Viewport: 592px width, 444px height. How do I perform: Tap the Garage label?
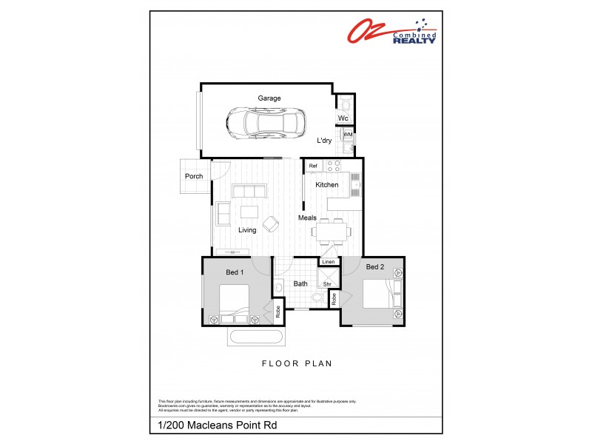[269, 98]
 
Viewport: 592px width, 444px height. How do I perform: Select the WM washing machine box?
[347, 135]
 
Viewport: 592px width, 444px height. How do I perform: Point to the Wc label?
[343, 118]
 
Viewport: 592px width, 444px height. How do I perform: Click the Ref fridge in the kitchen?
[313, 166]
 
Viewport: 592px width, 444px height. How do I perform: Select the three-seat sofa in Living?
[249, 192]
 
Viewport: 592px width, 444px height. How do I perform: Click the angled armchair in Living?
[271, 222]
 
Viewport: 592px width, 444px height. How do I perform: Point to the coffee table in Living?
[249, 212]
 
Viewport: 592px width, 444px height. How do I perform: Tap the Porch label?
[194, 176]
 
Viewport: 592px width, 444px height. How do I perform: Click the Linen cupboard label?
[328, 262]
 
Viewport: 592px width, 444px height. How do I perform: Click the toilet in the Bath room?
[317, 297]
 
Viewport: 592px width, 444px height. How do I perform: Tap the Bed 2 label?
[374, 266]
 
